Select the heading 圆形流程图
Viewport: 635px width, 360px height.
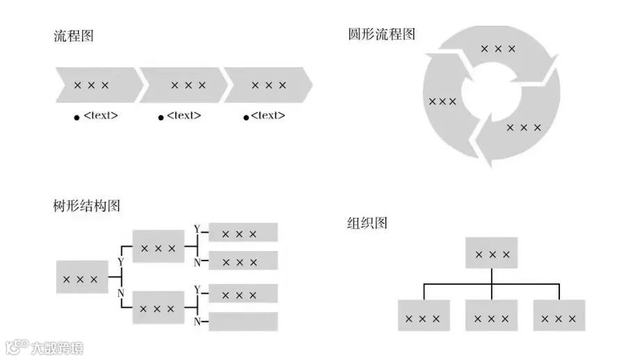pyautogui.click(x=382, y=33)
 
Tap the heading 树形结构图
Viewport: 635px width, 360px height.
pyautogui.click(x=87, y=206)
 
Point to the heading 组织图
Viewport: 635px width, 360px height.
pyautogui.click(x=367, y=223)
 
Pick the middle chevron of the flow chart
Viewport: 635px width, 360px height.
pyautogui.click(x=185, y=85)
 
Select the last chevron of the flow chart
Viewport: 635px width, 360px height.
pyautogui.click(x=268, y=85)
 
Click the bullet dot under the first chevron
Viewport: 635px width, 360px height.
pyautogui.click(x=77, y=117)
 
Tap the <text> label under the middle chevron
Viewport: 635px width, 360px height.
pyautogui.click(x=184, y=115)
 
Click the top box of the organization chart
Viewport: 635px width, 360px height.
pyautogui.click(x=492, y=254)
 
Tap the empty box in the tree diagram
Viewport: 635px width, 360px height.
pyautogui.click(x=243, y=321)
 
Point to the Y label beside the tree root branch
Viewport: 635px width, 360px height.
pyautogui.click(x=121, y=262)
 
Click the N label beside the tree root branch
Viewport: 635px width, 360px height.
pyautogui.click(x=121, y=293)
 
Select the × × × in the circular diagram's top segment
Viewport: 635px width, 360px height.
pyautogui.click(x=498, y=49)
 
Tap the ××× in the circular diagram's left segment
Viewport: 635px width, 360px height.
pyautogui.click(x=442, y=101)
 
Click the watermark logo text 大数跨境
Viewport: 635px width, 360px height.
pyautogui.click(x=56, y=347)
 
